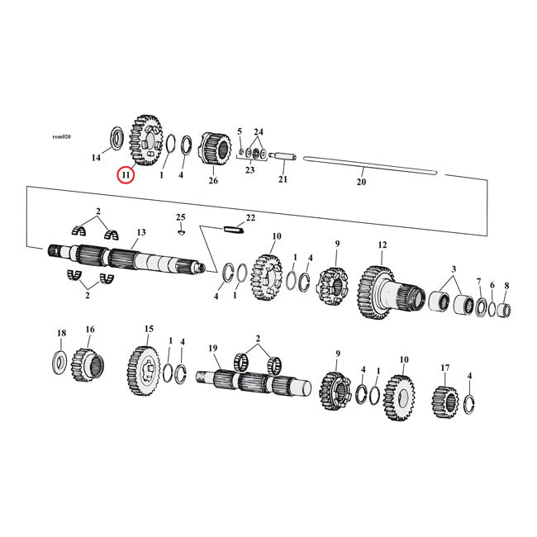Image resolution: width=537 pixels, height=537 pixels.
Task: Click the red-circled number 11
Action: tap(126, 175)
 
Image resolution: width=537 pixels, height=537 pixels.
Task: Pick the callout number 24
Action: tap(259, 132)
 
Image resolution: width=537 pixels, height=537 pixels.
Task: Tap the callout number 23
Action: tap(249, 169)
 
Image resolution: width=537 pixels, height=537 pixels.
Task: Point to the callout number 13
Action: tap(141, 233)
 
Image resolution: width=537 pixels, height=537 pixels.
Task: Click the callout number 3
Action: tap(453, 271)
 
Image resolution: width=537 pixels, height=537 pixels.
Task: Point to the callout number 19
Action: tap(211, 349)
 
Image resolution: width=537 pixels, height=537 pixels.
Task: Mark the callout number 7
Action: tap(478, 282)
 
